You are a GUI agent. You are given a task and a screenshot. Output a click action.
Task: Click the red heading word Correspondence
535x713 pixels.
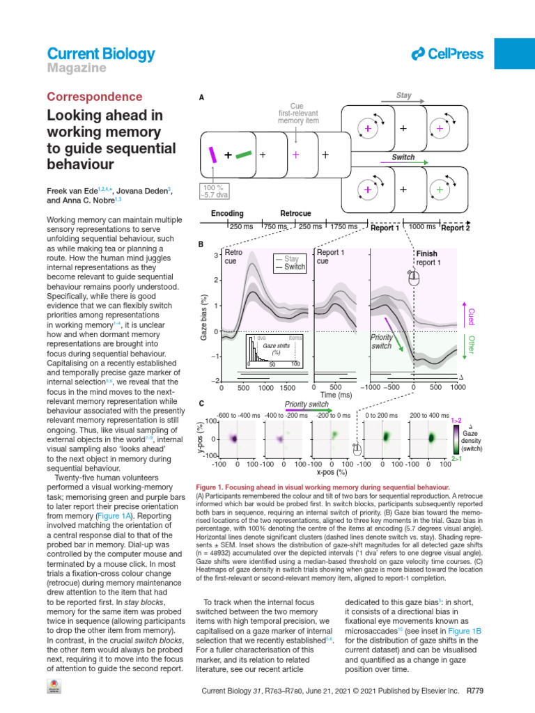click(x=94, y=97)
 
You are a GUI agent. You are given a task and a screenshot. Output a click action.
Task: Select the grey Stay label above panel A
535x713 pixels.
click(x=403, y=96)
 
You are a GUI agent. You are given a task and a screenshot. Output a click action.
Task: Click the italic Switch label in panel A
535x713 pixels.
click(x=403, y=157)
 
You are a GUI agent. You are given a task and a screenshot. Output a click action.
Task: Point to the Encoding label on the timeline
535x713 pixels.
click(x=227, y=213)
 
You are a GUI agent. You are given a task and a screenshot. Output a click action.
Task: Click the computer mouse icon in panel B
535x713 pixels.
click(x=414, y=278)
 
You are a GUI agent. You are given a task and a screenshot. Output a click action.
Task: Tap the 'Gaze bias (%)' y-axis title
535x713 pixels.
click(x=204, y=317)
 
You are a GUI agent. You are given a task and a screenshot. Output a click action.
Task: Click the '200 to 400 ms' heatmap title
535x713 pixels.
click(x=430, y=415)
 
